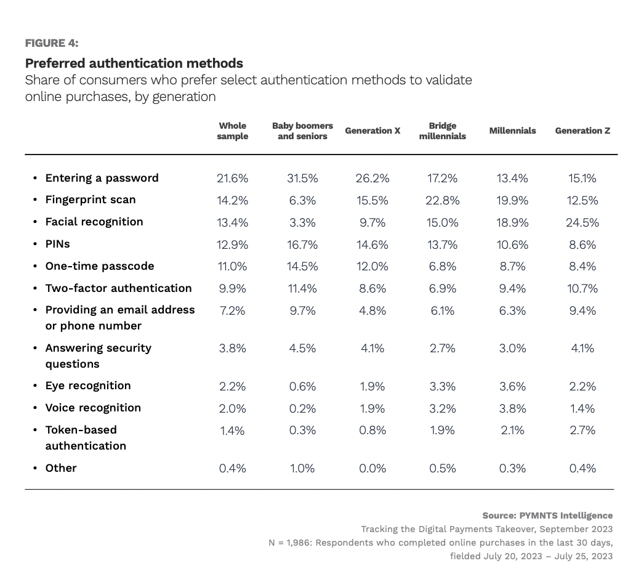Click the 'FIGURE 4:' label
(52, 43)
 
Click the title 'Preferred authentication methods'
(134, 63)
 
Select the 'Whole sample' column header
(233, 131)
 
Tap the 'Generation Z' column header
(582, 131)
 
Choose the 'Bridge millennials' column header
(442, 131)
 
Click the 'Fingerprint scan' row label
(90, 200)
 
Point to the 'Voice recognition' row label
(93, 408)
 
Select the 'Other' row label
(61, 468)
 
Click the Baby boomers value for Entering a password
(302, 179)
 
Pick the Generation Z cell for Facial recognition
(582, 222)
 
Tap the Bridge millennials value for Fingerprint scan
(442, 200)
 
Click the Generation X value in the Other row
(372, 469)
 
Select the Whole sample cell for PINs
(233, 245)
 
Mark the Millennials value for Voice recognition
(512, 408)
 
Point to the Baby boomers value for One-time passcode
(302, 267)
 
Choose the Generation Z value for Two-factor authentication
(582, 289)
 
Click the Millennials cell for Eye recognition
(512, 386)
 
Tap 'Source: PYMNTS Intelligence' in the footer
(547, 515)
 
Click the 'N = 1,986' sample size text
(292, 543)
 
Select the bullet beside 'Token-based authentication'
(34, 430)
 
